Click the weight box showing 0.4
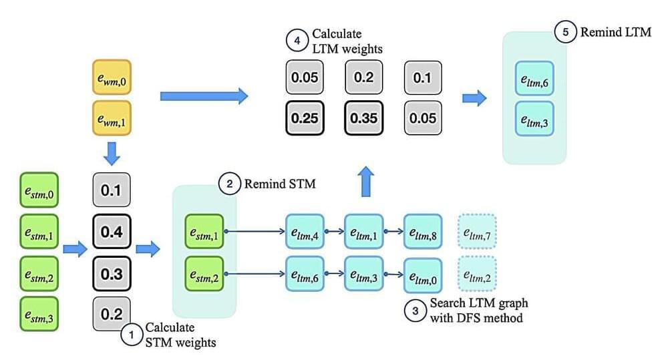point(110,232)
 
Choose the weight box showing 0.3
point(110,273)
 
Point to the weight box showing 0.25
point(304,118)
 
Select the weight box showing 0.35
point(363,118)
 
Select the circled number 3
point(415,311)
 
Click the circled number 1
point(132,334)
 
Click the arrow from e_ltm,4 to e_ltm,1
point(333,233)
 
